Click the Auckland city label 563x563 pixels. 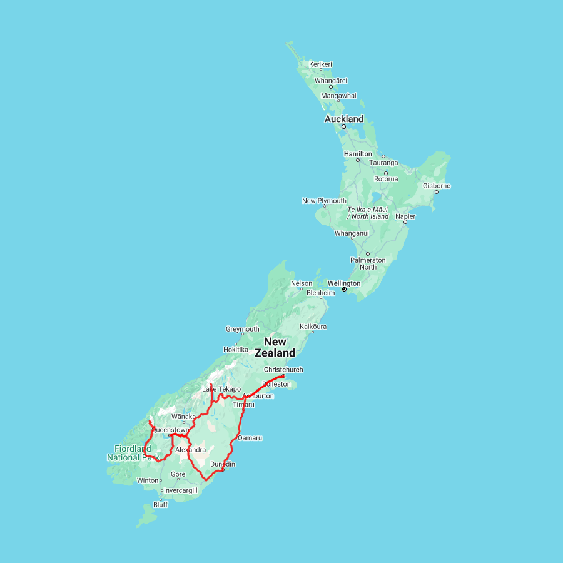point(343,119)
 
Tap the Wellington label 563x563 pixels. point(344,283)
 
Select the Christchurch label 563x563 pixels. point(283,370)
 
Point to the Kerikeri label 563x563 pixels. point(320,64)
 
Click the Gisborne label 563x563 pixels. point(437,186)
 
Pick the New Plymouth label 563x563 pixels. point(324,201)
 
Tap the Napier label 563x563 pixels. point(405,216)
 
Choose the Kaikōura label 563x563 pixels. point(313,327)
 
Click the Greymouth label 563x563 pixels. point(242,329)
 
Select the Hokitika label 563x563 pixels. point(235,350)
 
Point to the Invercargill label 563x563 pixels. point(180,491)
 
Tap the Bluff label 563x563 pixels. point(160,505)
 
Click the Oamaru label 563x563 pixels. point(250,438)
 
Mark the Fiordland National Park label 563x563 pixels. point(133,453)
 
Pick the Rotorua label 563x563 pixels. point(386,179)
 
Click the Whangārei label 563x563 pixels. point(331,81)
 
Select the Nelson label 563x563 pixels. point(302,283)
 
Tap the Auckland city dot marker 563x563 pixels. point(343,126)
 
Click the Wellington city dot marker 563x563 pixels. point(344,290)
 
